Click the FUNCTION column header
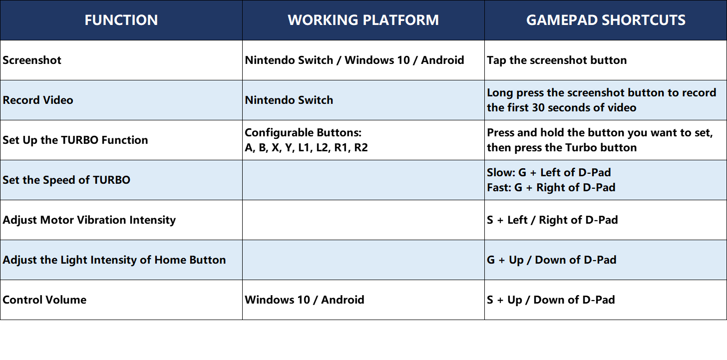(121, 20)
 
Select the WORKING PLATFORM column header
(363, 20)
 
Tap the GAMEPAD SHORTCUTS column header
(606, 20)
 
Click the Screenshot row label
(32, 60)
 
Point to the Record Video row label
(38, 100)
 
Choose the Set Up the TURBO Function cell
(75, 140)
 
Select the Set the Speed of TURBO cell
(66, 180)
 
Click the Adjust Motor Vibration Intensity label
(89, 220)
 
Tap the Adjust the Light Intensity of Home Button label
(114, 260)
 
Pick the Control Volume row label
(44, 300)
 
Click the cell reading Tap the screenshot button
(557, 60)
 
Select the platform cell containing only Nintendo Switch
(289, 100)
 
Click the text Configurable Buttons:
(303, 132)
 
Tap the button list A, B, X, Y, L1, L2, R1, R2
(307, 147)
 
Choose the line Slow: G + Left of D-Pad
(549, 172)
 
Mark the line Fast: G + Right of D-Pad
(551, 187)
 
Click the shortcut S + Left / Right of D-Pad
(552, 220)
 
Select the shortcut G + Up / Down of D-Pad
(552, 260)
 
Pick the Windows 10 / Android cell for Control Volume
(305, 300)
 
